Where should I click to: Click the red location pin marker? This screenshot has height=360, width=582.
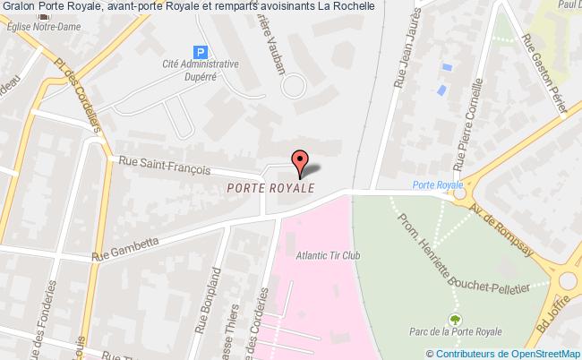[299, 160]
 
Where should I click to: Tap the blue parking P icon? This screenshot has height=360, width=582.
[201, 53]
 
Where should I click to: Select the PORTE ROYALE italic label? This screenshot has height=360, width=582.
[270, 189]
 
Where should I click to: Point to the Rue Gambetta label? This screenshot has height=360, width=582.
[127, 246]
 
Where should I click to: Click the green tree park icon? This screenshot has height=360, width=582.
[456, 318]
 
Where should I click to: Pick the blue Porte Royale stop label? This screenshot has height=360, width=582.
[439, 185]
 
